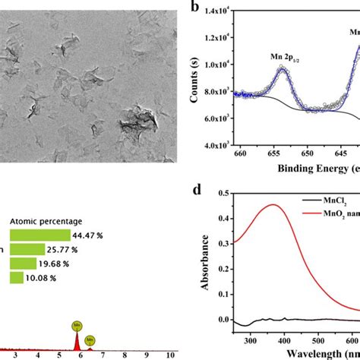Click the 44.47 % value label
pyautogui.click(x=92, y=235)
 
